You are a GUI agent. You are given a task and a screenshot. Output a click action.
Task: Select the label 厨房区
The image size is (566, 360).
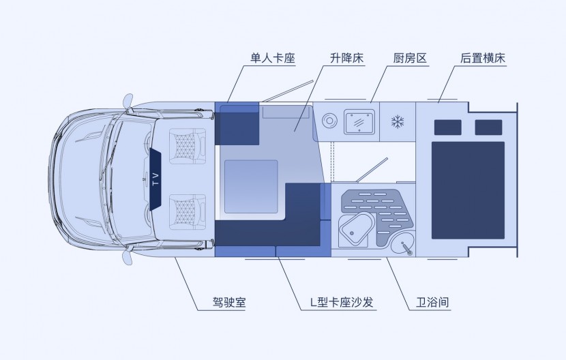410,59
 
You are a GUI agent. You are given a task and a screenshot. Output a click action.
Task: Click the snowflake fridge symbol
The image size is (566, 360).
397,123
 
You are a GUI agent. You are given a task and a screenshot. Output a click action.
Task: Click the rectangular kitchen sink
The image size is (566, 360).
360,122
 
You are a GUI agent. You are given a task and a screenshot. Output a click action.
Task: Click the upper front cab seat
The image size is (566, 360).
184,144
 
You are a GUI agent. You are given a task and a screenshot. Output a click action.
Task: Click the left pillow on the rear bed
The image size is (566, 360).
449,127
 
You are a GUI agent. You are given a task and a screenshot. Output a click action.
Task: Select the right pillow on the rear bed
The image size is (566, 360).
488,127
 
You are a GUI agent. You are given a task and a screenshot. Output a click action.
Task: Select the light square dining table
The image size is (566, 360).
251,184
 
